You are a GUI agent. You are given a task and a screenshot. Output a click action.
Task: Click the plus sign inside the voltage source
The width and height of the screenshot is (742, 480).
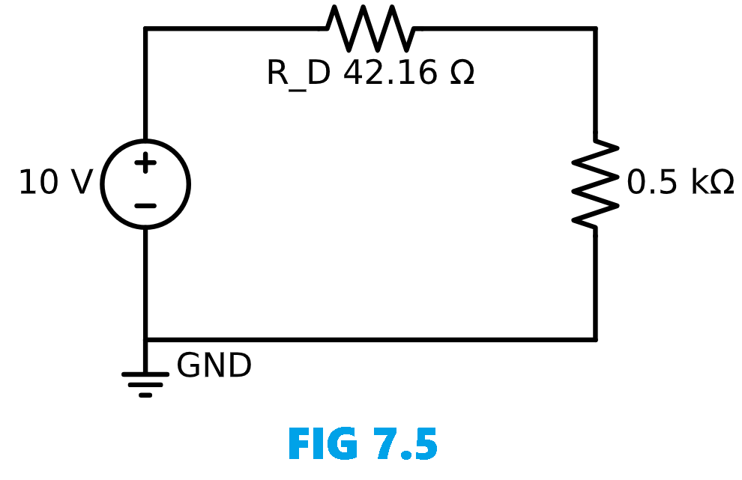point(145,163)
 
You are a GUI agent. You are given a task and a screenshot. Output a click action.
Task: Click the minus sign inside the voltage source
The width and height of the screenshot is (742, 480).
point(145,206)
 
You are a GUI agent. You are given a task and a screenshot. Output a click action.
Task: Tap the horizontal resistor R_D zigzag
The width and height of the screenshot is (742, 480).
point(370,28)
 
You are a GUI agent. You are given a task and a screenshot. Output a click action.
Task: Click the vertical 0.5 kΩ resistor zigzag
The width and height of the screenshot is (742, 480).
point(596,183)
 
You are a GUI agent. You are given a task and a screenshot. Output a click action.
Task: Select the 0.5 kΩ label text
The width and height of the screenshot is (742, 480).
point(680,183)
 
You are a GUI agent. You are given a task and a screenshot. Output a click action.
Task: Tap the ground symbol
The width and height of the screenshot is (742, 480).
point(145,383)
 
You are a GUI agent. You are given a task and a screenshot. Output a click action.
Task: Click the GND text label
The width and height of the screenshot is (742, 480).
point(214,366)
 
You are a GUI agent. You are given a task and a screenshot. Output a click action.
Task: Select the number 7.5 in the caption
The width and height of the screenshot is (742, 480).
point(402,445)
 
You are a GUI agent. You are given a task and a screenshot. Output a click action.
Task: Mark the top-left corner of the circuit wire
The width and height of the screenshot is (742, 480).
point(145,28)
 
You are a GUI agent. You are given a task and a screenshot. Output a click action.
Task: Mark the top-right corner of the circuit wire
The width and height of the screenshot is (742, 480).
point(596,28)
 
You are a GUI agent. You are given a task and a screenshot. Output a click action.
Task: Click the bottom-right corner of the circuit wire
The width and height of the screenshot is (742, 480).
point(596,340)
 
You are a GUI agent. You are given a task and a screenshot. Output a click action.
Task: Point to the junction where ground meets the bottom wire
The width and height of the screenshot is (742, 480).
point(145,340)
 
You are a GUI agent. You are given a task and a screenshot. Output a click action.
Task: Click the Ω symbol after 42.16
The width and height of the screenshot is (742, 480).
point(462,73)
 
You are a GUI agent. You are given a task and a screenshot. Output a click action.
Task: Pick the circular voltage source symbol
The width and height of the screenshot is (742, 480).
point(145,184)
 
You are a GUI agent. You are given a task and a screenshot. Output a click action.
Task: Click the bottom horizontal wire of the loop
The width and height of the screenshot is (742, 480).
point(375,340)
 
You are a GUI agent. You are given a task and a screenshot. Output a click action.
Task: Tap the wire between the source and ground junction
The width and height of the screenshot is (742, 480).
point(145,285)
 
